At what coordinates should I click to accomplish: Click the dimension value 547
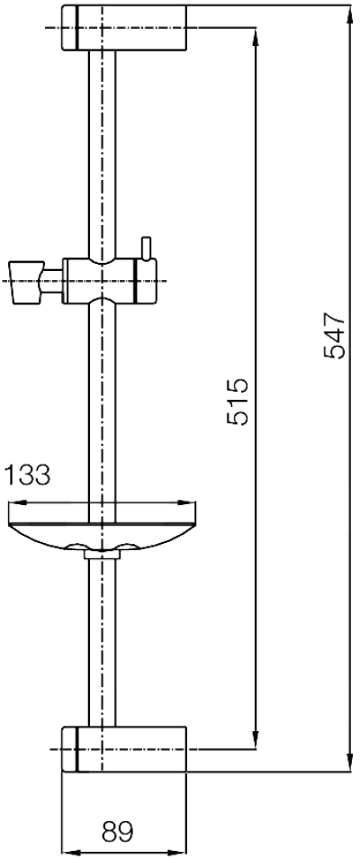pos(335,336)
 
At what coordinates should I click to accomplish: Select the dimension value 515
pos(237,402)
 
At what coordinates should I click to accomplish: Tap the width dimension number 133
pos(28,475)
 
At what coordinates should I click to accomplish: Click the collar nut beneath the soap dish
pos(102,557)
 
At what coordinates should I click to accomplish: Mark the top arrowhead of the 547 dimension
pos(350,11)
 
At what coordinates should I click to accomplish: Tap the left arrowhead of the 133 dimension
pos(12,504)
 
